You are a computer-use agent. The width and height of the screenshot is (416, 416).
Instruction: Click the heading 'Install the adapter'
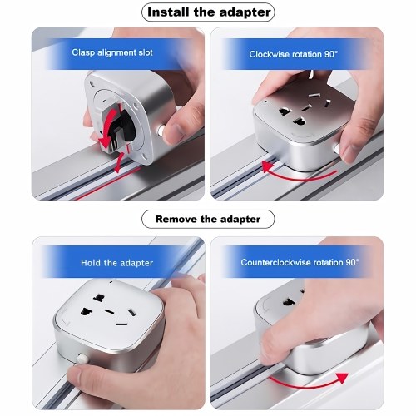point(209,12)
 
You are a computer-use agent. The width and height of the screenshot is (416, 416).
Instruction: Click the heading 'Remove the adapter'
point(208,219)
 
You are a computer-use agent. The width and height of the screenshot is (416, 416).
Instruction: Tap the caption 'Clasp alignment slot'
point(112,52)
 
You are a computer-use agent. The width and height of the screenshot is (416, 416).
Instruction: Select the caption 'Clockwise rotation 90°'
point(294,54)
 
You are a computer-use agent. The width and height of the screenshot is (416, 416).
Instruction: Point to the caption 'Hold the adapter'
point(116,263)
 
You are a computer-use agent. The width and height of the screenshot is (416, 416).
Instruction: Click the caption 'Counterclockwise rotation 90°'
point(300,262)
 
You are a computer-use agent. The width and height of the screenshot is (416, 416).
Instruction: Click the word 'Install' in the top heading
point(168,12)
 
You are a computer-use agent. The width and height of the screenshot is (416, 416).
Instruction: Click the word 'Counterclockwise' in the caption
point(279,262)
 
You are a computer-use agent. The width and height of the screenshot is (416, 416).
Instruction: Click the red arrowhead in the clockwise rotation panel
point(268,166)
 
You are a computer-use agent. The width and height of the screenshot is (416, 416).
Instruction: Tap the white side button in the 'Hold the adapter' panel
point(82,359)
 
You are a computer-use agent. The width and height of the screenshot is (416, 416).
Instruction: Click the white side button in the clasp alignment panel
point(161,131)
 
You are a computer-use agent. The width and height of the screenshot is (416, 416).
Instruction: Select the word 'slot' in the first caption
point(146,52)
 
